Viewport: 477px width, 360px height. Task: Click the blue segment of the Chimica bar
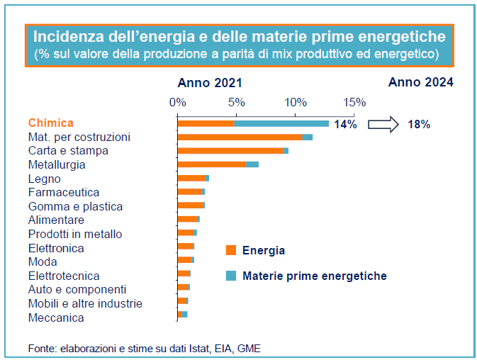point(281,123)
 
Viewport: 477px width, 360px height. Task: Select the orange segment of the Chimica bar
point(206,123)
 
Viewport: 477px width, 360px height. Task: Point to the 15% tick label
point(354,101)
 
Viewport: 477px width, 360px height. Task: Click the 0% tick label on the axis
point(177,101)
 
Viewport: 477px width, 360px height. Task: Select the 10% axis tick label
point(295,101)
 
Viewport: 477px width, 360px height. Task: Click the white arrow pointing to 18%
point(383,124)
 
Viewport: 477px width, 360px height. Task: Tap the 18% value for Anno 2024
point(419,124)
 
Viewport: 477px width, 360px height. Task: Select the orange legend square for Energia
point(230,250)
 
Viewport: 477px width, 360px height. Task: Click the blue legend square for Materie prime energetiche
point(230,276)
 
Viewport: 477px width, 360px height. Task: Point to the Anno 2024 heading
point(420,82)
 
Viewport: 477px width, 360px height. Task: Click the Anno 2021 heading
point(209,83)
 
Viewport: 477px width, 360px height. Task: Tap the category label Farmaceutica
point(64,193)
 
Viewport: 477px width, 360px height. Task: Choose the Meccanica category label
point(56,317)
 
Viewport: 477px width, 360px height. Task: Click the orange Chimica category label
point(51,123)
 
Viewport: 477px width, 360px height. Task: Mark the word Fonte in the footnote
point(42,348)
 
